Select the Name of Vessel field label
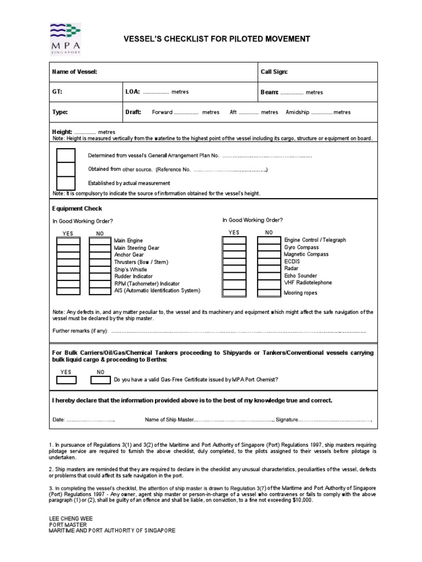pyautogui.click(x=74, y=72)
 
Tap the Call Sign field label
pyautogui.click(x=274, y=72)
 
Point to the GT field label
pyautogui.click(x=57, y=92)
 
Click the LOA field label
pyautogui.click(x=133, y=92)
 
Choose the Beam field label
pyautogui.click(x=269, y=92)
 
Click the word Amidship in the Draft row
pyautogui.click(x=297, y=112)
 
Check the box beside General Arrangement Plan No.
pyautogui.click(x=66, y=156)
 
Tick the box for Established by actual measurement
pyautogui.click(x=66, y=183)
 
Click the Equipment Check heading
pyautogui.click(x=77, y=209)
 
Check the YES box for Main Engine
pyautogui.click(x=68, y=241)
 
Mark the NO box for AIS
pyautogui.click(x=100, y=291)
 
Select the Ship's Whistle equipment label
pyautogui.click(x=130, y=269)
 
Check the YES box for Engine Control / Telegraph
pyautogui.click(x=234, y=240)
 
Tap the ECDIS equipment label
pyautogui.click(x=292, y=262)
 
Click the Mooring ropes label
pyautogui.click(x=301, y=293)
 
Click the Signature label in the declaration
pyautogui.click(x=287, y=420)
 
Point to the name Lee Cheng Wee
pyautogui.click(x=71, y=518)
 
